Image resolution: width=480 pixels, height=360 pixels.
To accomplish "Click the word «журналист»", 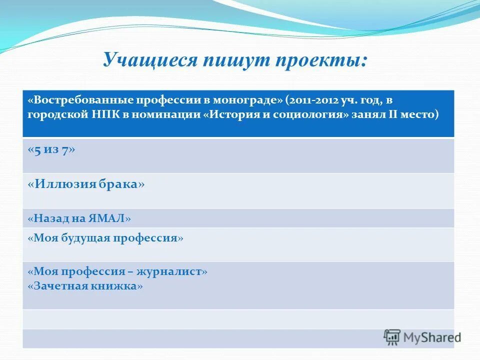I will [x=175, y=272].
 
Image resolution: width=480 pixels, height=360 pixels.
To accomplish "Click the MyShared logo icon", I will [x=392, y=337].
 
